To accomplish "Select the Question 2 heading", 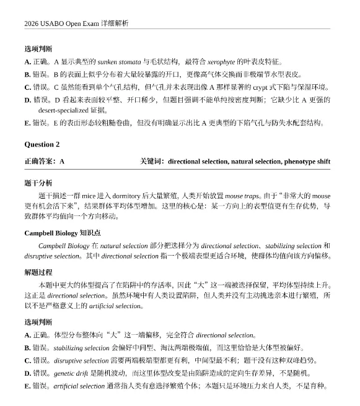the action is click(42, 145).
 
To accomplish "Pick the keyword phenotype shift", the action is click(307, 162).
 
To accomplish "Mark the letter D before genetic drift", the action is click(28, 373).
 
